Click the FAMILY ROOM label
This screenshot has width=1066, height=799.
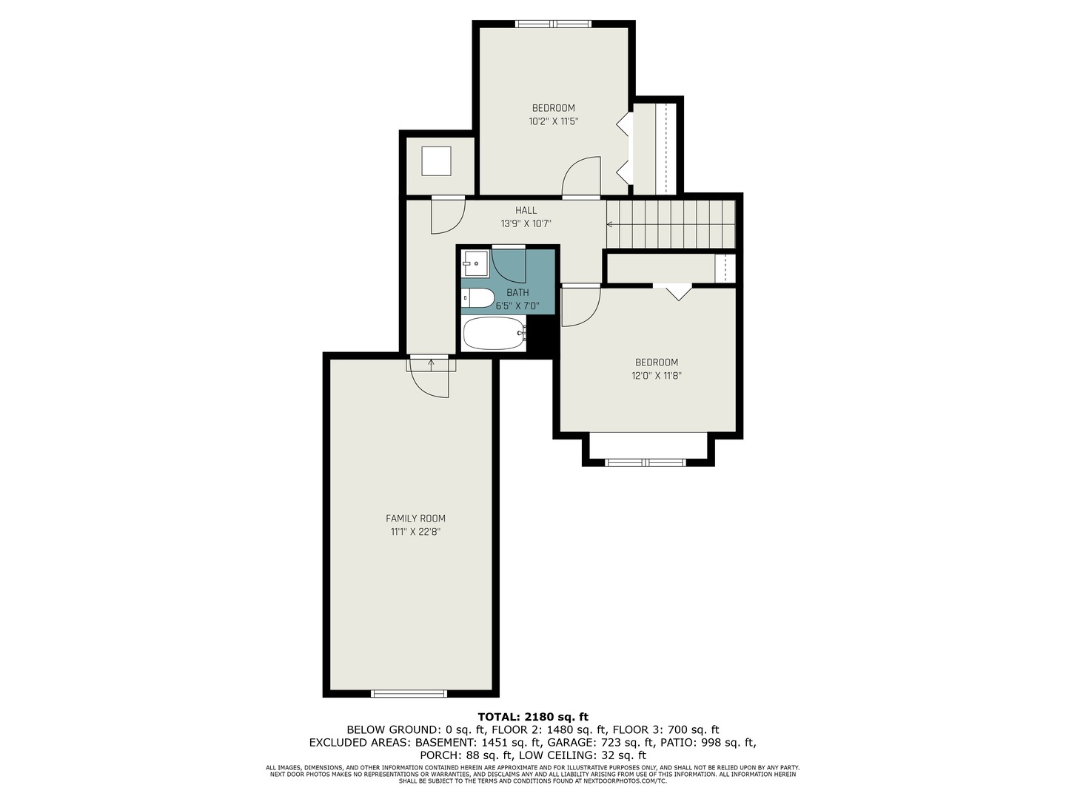pyautogui.click(x=415, y=519)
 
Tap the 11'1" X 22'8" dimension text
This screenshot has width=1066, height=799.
pyautogui.click(x=415, y=532)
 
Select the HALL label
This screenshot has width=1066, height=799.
pyautogui.click(x=526, y=210)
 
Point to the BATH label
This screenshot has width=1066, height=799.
pyautogui.click(x=517, y=293)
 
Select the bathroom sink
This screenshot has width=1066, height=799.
pyautogui.click(x=475, y=263)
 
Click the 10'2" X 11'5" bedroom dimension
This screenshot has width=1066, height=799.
pyautogui.click(x=553, y=121)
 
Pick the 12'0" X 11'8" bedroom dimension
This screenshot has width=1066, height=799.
pyautogui.click(x=656, y=376)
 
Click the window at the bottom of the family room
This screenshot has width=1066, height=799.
pyautogui.click(x=409, y=694)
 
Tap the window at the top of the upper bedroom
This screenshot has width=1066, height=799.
pyautogui.click(x=554, y=24)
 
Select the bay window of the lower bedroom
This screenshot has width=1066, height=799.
pyautogui.click(x=646, y=463)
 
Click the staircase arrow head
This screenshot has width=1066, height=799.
pyautogui.click(x=610, y=224)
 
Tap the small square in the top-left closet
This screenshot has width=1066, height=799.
pyautogui.click(x=436, y=161)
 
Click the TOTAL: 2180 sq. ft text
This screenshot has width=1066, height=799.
pyautogui.click(x=532, y=716)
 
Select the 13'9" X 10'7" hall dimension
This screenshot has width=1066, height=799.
pyautogui.click(x=526, y=223)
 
